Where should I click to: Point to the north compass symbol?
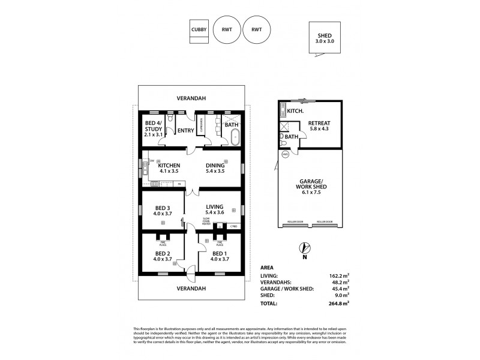pos(304,249)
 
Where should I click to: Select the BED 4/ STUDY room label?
pos(155,129)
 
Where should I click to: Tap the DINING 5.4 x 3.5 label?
pos(214,169)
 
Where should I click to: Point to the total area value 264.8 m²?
pos(339,304)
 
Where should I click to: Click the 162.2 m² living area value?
pos(339,275)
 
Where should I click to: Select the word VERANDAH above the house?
pos(191,98)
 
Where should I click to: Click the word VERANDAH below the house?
pos(191,289)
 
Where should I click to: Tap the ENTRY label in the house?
pos(186,130)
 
